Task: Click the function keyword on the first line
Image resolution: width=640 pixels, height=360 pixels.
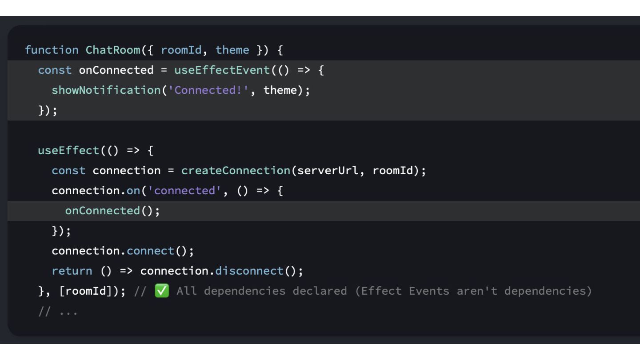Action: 52,50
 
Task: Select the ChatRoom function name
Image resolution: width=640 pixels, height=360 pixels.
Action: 113,50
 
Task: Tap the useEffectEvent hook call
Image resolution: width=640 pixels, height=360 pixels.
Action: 222,70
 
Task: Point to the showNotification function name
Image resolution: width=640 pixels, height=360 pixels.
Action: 106,90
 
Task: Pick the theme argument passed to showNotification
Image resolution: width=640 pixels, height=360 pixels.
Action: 280,90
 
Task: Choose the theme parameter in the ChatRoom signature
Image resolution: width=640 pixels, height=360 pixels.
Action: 232,50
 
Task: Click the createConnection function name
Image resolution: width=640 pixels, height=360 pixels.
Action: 236,171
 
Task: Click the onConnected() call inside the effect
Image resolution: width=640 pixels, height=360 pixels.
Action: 112,211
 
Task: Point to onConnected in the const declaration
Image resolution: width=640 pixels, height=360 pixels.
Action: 116,70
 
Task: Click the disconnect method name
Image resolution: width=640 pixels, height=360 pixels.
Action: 249,271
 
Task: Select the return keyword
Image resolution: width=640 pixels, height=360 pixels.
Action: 72,271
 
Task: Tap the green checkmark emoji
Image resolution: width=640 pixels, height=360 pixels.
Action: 162,291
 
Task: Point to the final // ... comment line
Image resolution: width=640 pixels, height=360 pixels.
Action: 58,312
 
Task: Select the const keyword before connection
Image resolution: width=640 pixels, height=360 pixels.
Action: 68,171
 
